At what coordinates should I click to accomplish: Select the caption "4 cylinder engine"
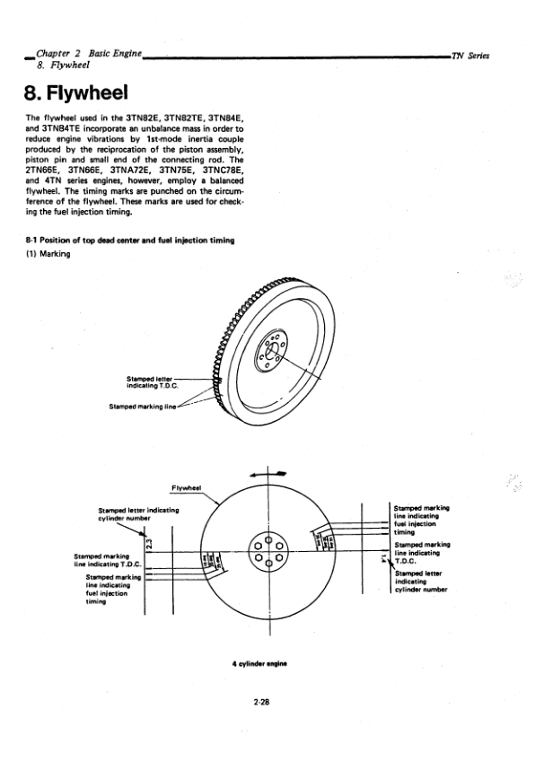tap(263, 664)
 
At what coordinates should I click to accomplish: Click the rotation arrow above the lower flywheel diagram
tap(273, 473)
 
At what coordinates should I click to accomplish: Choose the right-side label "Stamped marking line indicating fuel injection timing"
tap(421, 520)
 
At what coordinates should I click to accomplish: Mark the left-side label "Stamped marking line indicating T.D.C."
tap(104, 561)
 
